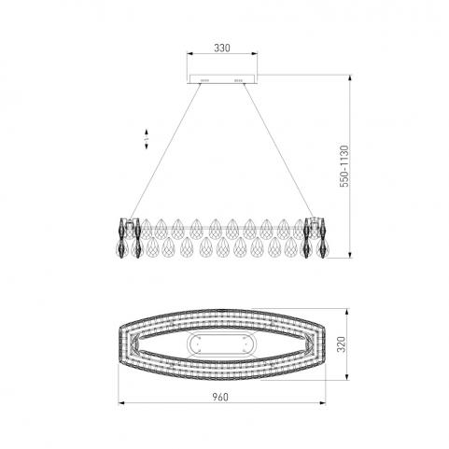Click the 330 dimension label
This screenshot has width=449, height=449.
click(x=222, y=48)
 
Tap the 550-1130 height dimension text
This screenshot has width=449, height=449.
click(x=344, y=166)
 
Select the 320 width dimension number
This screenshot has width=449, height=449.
click(x=342, y=344)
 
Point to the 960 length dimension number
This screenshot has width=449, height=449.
click(x=220, y=397)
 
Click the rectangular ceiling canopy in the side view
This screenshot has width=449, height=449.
click(x=222, y=79)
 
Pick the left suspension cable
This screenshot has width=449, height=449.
click(x=165, y=151)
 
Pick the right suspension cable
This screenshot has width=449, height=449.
click(x=279, y=151)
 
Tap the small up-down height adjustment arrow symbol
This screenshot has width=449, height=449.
click(x=147, y=139)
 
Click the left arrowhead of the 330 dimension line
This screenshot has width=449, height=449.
click(x=189, y=54)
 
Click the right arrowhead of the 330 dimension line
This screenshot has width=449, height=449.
click(x=255, y=54)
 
